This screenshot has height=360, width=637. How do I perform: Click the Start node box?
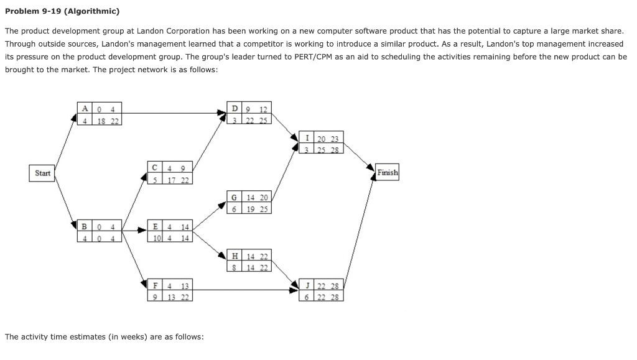pyautogui.click(x=42, y=173)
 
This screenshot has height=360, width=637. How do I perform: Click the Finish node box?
pyautogui.click(x=387, y=173)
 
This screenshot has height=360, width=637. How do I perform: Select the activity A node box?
pyautogui.click(x=100, y=115)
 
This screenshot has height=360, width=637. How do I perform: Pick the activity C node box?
pyautogui.click(x=171, y=173)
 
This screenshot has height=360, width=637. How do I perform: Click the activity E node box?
pyautogui.click(x=171, y=231)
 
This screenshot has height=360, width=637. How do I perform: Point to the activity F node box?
pyautogui.click(x=171, y=290)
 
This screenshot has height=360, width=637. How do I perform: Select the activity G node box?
pyautogui.click(x=249, y=203)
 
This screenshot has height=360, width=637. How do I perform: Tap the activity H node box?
pyautogui.click(x=249, y=261)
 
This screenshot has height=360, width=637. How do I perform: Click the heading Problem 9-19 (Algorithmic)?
pyautogui.click(x=62, y=11)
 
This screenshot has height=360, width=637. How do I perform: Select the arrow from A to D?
pyautogui.click(x=174, y=113)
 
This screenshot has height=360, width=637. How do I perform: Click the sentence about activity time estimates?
pyautogui.click(x=104, y=336)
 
